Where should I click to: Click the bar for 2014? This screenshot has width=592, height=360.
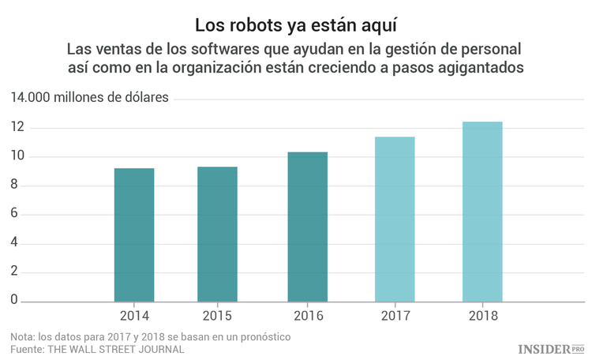134,234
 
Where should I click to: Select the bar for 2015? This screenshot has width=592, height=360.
217,234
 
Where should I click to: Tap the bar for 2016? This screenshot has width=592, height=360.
307,227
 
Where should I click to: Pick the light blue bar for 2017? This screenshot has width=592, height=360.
395,219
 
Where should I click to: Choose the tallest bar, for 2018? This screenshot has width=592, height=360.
481,212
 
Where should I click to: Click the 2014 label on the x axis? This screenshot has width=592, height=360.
134,316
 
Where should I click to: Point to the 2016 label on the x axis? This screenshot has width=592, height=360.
307,316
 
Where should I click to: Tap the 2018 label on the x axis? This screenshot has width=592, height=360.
481,316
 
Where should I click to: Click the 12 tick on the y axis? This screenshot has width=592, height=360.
17,128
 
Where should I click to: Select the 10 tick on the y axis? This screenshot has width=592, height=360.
17,157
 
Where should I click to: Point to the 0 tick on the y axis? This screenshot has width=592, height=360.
13,301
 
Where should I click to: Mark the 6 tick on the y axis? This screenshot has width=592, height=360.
13,215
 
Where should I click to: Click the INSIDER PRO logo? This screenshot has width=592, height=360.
551,348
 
